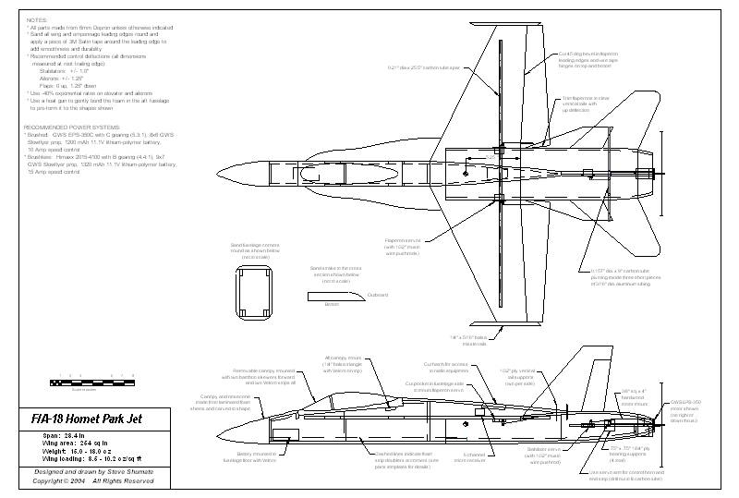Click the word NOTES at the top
[x=37, y=18]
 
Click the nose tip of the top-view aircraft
[x=213, y=175]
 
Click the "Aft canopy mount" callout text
[x=342, y=364]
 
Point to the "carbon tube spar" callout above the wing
[x=421, y=67]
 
